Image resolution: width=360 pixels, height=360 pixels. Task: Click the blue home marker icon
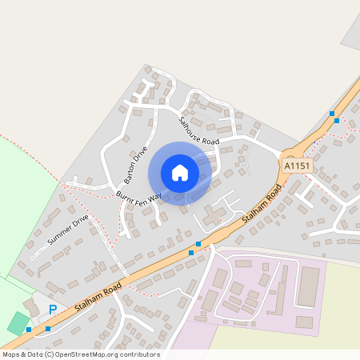click(180, 173)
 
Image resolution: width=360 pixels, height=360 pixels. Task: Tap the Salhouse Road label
click(198, 131)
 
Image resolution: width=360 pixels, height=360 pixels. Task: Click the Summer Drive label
click(68, 230)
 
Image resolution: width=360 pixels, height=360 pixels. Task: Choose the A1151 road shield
click(296, 166)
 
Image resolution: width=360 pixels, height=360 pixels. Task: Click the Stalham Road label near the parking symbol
click(96, 297)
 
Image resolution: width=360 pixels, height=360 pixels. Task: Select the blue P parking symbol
click(53, 310)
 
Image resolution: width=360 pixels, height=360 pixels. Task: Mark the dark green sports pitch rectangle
click(18, 323)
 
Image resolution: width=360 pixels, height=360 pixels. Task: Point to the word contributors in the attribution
click(139, 354)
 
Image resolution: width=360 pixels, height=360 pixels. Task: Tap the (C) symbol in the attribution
click(50, 354)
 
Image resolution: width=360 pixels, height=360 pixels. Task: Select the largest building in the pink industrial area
click(308, 286)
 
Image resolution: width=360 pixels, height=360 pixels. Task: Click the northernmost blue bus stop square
click(331, 114)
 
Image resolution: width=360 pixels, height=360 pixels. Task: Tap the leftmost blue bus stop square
click(29, 329)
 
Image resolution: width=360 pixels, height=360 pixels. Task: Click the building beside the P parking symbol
click(33, 307)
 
